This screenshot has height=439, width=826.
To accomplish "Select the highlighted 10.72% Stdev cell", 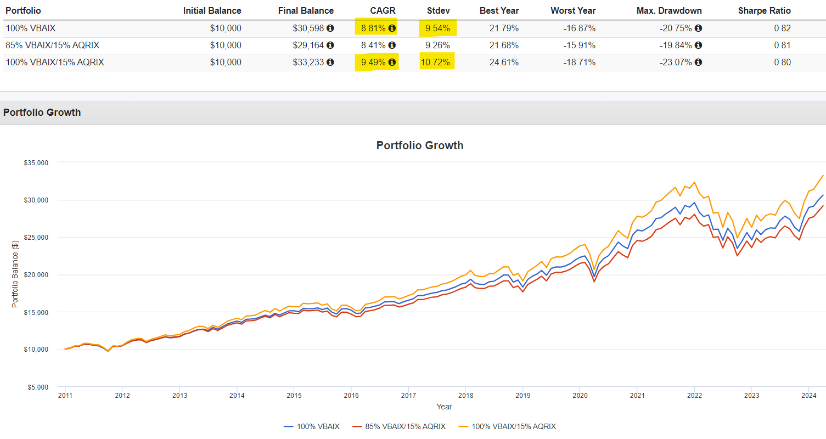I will coord(436,62).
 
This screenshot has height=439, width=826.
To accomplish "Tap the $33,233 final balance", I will coord(309,62).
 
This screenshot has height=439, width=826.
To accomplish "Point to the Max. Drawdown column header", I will coord(669,10).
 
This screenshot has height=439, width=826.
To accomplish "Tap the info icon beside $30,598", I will coord(330,28).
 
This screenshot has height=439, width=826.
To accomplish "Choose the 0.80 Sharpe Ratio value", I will coord(782,62).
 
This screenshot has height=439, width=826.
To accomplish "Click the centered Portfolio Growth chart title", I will coord(420,145).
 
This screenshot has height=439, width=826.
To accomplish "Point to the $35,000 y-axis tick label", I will coord(36,162).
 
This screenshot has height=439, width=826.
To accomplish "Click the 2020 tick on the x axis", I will coord(580,395).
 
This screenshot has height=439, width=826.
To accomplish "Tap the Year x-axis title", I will coord(444,407).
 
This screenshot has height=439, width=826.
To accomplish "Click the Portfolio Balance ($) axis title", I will coord(15,274).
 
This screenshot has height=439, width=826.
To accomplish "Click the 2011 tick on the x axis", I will coord(65,395).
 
